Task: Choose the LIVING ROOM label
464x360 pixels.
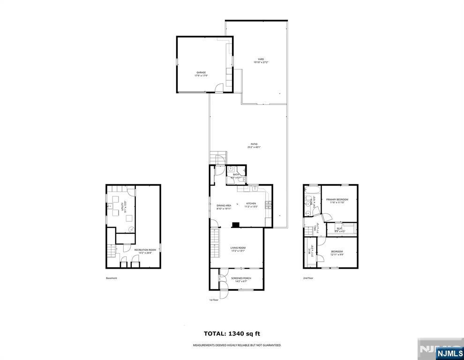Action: pos(238,249)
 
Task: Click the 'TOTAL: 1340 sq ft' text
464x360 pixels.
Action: pos(232,334)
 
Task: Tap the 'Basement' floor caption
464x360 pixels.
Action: pos(112,278)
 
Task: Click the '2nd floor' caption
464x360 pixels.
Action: pos(308,278)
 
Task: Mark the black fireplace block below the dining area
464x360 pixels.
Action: pos(237,224)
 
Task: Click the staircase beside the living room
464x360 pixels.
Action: pos(215,243)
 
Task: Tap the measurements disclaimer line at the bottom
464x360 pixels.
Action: pos(237,345)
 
